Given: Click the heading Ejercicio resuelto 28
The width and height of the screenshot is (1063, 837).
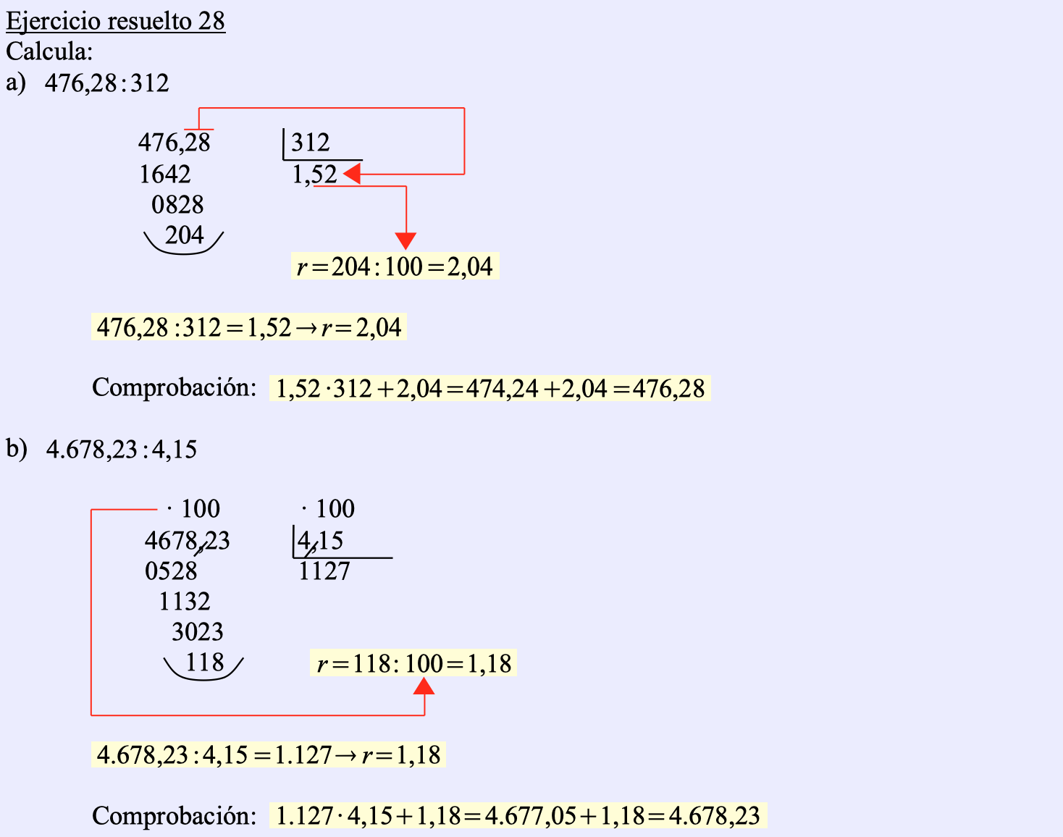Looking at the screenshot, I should point(115,21).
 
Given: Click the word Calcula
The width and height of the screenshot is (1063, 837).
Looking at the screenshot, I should point(49,51).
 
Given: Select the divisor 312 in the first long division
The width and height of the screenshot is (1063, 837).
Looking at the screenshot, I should point(311,143).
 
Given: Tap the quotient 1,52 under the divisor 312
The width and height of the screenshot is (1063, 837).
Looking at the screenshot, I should point(314,174).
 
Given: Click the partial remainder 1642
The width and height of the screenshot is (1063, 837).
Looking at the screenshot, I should point(165,174).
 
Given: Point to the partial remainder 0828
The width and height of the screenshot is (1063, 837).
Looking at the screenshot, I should point(177,205).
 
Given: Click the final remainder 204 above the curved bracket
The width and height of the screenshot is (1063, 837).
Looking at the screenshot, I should point(185,235).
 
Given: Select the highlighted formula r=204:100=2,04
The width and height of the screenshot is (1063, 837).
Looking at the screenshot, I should point(395,266).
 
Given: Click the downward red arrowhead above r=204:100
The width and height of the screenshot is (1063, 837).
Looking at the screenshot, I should point(406,241).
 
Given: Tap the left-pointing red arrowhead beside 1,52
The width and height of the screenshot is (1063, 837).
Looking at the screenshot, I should point(352,174).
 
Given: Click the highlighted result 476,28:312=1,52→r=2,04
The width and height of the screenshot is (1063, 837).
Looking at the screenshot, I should point(248,327).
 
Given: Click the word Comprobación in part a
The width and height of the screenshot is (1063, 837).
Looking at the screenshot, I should point(174,387).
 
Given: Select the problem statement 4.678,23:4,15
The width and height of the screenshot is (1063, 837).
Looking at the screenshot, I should point(122,450).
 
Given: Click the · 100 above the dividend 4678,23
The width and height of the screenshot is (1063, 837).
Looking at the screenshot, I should point(193,509).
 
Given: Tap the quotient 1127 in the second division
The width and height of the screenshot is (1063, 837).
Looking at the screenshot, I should point(324,572).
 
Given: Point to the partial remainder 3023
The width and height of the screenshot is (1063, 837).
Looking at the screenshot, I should point(198,632).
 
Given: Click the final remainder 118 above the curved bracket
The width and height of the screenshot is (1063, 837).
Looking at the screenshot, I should point(205,663).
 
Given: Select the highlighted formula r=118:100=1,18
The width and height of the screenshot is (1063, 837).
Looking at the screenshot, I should point(413,663).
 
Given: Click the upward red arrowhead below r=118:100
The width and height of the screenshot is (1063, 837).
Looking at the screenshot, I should point(424,686).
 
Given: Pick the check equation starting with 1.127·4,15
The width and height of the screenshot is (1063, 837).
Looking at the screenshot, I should point(518,816).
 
